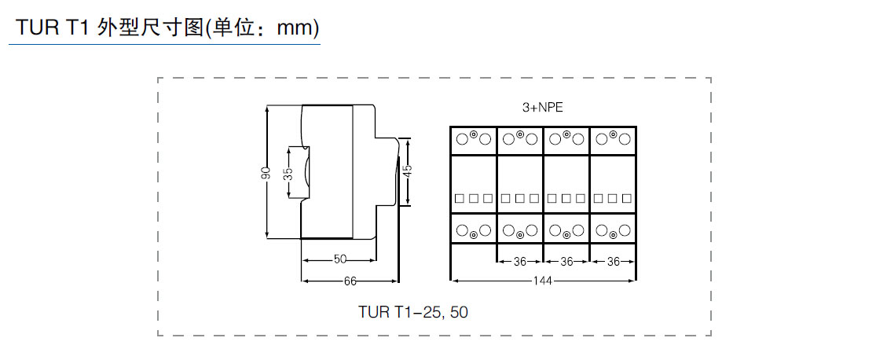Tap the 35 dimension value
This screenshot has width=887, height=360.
(288, 173)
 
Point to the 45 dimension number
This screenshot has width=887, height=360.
(407, 171)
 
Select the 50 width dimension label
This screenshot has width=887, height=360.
(339, 259)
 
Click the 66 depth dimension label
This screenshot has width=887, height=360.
(350, 280)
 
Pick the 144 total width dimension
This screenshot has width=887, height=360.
(542, 280)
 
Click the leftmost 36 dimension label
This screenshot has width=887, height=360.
(520, 261)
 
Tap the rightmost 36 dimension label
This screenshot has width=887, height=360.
(613, 261)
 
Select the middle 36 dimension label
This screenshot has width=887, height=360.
(566, 261)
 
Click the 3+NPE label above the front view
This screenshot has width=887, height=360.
(542, 108)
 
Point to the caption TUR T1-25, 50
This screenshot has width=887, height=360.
(413, 312)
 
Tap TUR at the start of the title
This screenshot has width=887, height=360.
(35, 28)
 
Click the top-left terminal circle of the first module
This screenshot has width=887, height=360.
(462, 139)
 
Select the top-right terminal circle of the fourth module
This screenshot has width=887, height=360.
(625, 139)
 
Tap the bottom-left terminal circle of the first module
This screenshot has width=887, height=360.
(462, 230)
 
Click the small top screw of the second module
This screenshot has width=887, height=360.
(520, 134)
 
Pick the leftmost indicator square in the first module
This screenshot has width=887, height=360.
(460, 198)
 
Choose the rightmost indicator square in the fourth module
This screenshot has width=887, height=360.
(626, 198)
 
